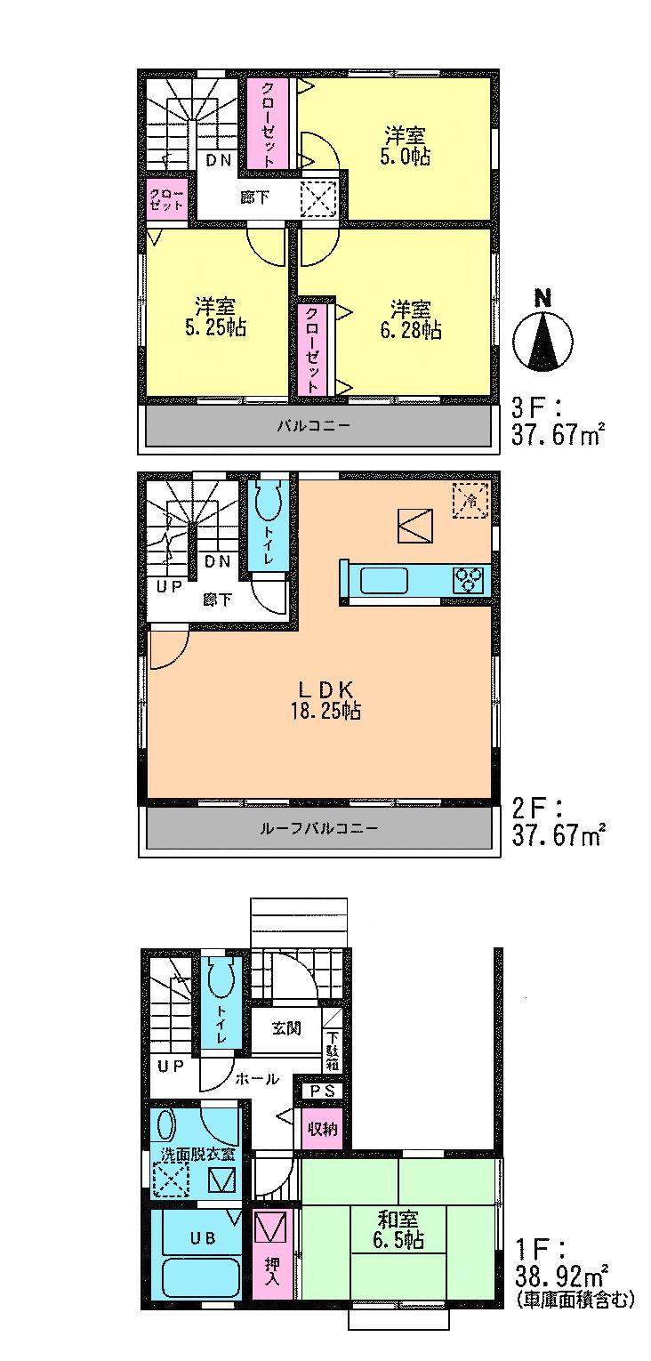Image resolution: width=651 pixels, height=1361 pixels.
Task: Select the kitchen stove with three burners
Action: [469, 580]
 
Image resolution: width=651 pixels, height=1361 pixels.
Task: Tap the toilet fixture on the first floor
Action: [219, 982]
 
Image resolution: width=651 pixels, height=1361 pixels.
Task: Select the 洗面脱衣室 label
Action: [197, 1155]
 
